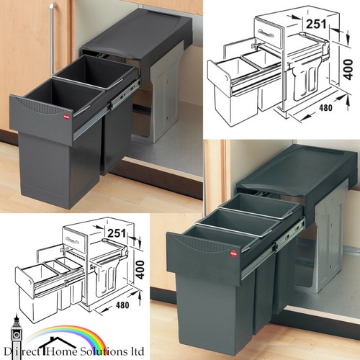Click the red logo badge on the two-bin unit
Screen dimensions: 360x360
coord(66,117)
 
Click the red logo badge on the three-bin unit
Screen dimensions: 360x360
coord(233,253)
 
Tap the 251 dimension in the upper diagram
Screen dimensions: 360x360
coord(316,24)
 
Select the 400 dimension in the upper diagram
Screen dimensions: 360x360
coord(348,70)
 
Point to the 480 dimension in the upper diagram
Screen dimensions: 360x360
coord(325,108)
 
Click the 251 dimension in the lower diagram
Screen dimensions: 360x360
coord(117,233)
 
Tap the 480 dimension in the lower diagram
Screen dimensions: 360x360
coord(122,305)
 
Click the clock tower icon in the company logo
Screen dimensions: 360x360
coord(17,336)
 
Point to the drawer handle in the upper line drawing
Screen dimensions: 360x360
coord(266,33)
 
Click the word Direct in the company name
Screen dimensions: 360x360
coord(22,352)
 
